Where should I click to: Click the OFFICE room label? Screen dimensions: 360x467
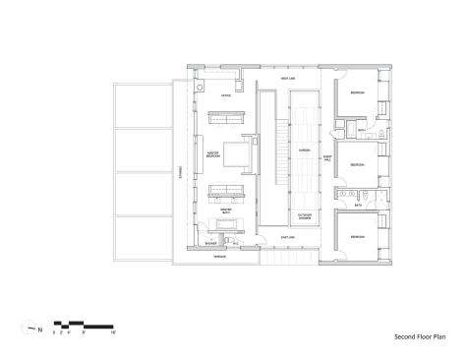225,95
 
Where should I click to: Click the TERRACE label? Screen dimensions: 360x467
221,258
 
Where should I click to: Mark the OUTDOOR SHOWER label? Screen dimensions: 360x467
305,215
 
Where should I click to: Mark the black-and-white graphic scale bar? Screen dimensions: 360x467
85,324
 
